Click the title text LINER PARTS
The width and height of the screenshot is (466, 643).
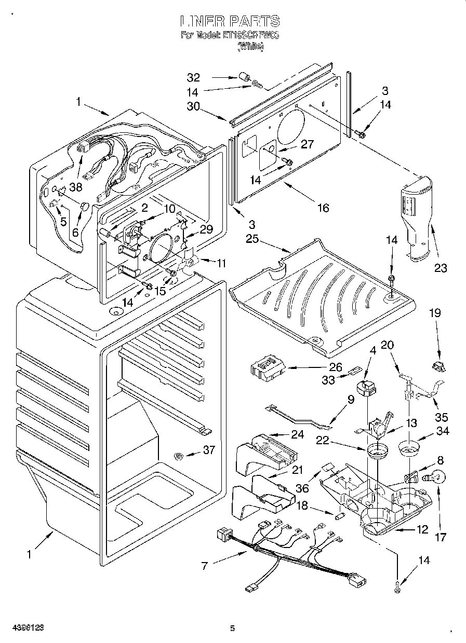pyautogui.click(x=230, y=21)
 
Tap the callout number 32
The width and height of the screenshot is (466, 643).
pyautogui.click(x=193, y=78)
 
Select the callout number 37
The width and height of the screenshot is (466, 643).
pyautogui.click(x=208, y=450)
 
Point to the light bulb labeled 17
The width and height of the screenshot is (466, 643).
pyautogui.click(x=435, y=476)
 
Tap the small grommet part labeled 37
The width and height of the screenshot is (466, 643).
pyautogui.click(x=179, y=456)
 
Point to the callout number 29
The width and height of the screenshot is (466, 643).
pyautogui.click(x=206, y=229)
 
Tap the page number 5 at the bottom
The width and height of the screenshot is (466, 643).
pyautogui.click(x=233, y=628)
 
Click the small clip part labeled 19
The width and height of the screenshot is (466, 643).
pyautogui.click(x=438, y=366)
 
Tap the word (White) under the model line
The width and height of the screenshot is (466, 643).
pyautogui.click(x=250, y=46)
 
